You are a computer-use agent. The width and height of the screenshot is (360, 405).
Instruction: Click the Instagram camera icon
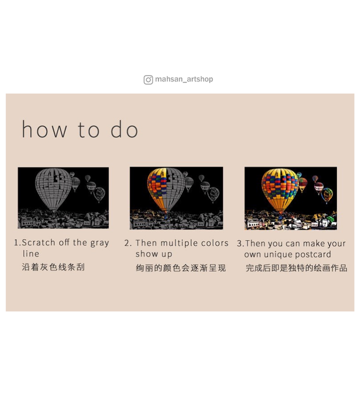click(148, 80)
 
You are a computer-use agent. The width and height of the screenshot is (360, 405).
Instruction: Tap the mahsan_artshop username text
click(184, 79)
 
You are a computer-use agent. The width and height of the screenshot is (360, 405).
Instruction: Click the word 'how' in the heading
click(44, 129)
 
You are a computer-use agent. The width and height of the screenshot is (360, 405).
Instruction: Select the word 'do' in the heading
click(124, 129)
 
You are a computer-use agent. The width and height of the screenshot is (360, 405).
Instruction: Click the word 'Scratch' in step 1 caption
click(38, 242)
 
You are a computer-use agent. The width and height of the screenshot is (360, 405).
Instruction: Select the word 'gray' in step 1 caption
click(99, 244)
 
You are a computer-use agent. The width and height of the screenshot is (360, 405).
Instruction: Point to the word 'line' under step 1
click(31, 254)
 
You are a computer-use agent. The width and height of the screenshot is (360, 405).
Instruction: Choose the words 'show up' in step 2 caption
click(154, 254)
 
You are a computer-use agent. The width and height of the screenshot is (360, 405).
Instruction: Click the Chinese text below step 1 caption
click(53, 267)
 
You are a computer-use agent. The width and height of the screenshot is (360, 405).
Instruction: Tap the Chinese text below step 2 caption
click(181, 268)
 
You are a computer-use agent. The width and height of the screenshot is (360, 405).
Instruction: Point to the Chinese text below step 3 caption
click(296, 268)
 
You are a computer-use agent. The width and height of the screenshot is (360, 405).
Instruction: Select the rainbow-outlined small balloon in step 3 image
click(327, 195)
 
